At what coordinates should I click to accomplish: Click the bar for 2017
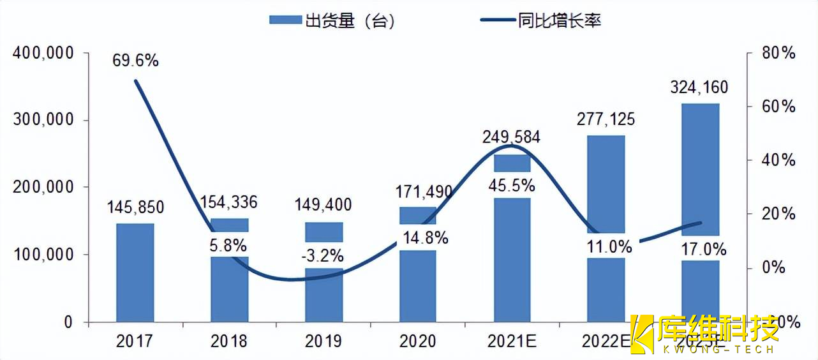135,273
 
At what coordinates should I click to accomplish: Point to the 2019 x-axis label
323,341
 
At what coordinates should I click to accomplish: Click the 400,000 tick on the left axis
42,54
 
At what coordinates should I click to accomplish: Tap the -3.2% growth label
323,256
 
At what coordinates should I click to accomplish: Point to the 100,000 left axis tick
42,255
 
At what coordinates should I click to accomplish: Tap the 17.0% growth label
701,248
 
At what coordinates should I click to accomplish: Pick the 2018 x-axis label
229,341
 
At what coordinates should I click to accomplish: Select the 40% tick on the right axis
779,160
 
